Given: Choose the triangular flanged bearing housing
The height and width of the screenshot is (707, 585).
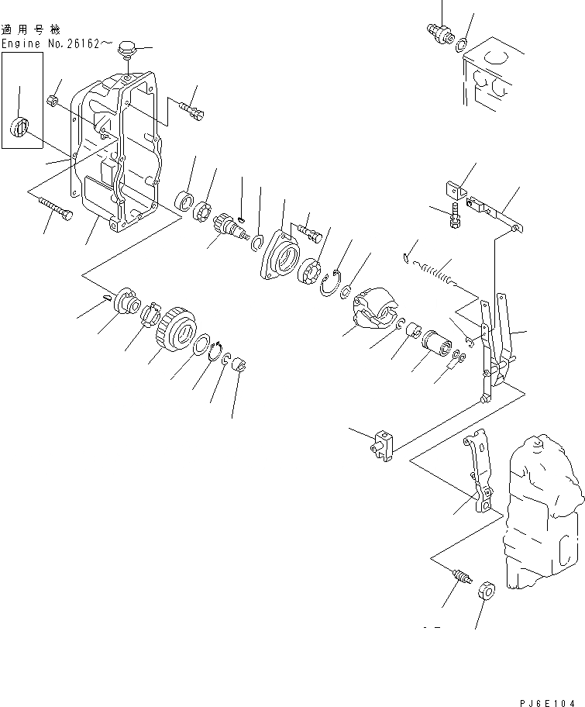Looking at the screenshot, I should point(279,260).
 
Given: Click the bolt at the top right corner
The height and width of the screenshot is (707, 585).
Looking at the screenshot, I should point(439,32).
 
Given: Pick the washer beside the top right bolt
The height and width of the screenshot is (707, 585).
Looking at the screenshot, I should point(462,44).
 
